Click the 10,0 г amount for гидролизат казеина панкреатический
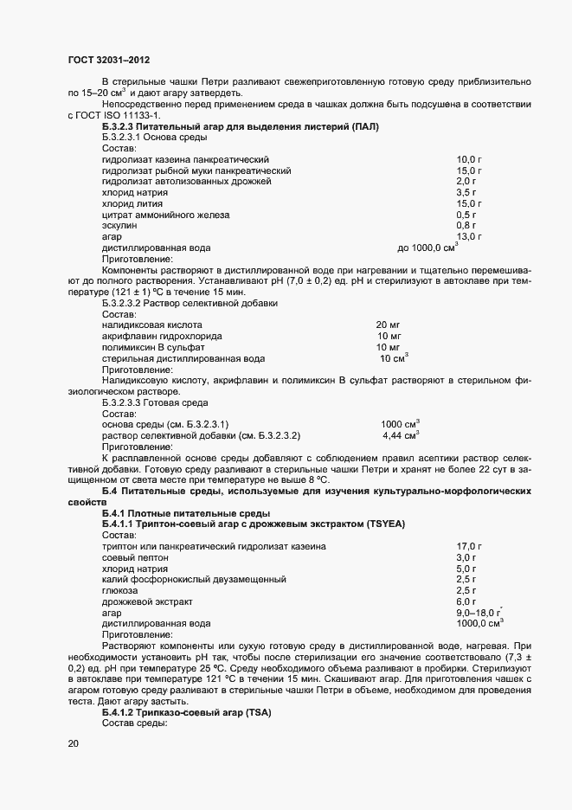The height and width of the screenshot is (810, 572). click(468, 160)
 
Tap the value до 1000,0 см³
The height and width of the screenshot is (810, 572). click(427, 247)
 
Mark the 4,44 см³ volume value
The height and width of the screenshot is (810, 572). click(401, 435)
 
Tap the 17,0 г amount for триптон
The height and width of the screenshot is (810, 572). click(468, 547)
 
